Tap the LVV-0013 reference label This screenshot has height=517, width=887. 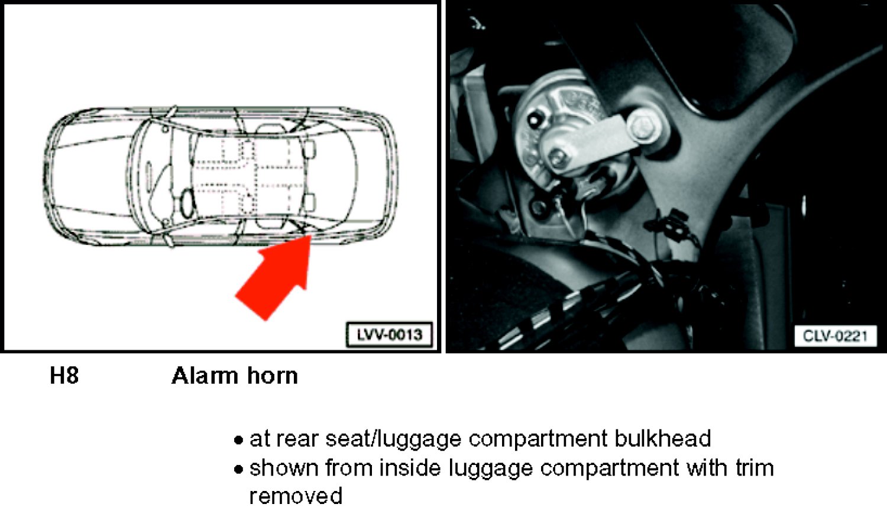point(390,335)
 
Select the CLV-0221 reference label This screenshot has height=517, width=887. point(835,336)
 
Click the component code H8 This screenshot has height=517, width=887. point(64,375)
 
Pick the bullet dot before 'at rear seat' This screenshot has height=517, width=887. point(238,440)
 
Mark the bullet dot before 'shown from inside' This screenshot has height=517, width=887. point(238,470)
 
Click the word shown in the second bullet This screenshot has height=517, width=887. point(284,468)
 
